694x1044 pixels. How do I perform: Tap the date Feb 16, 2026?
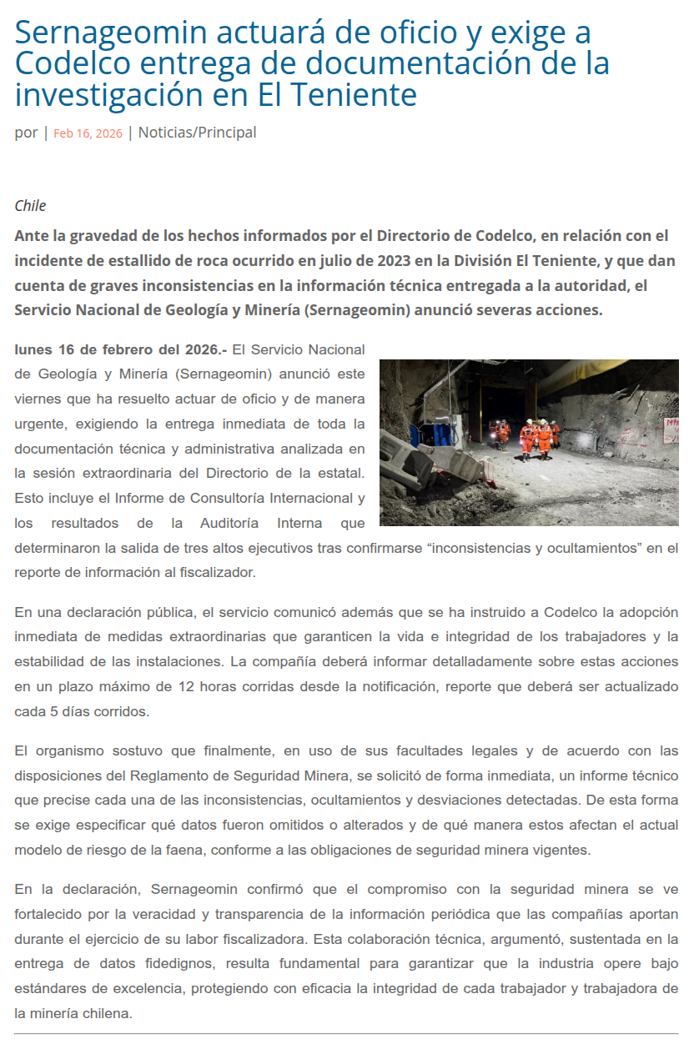click(x=88, y=133)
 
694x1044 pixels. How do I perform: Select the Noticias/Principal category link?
click(x=197, y=133)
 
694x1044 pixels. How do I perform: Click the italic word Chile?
click(x=30, y=206)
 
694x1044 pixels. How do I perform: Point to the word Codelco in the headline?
click(x=72, y=64)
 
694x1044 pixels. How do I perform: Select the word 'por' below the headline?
click(x=26, y=133)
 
